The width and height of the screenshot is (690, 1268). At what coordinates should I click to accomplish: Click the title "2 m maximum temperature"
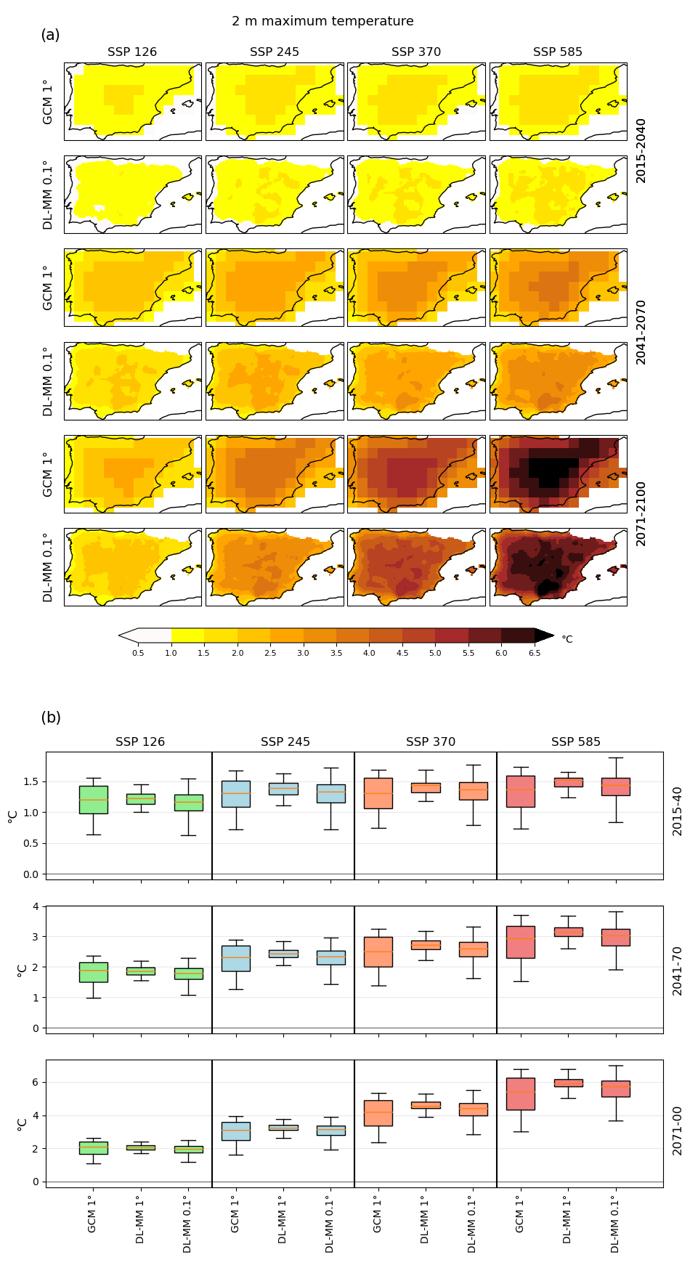[x=322, y=21]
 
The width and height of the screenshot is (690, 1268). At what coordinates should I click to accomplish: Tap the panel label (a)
[x=50, y=35]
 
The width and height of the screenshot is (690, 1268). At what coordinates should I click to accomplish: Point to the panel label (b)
[x=51, y=718]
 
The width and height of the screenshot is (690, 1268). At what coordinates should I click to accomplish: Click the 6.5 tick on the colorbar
[x=535, y=654]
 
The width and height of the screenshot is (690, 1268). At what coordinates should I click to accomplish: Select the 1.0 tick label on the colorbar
[x=171, y=654]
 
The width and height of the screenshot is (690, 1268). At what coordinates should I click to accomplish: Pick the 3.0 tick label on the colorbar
[x=303, y=654]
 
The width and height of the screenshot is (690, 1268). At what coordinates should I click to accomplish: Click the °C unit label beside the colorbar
[x=567, y=640]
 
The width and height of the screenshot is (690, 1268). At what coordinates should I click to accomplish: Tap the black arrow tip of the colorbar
[x=545, y=635]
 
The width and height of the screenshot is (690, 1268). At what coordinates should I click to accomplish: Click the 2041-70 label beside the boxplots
[x=677, y=970]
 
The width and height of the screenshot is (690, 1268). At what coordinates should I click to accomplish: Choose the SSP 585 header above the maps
[x=558, y=52]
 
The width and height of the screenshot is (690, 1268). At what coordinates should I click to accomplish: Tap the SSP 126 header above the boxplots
[x=140, y=741]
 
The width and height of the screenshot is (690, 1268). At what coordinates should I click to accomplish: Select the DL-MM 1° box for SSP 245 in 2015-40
[x=283, y=789]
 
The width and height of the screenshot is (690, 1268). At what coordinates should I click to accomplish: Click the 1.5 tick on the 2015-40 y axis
[x=30, y=781]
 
